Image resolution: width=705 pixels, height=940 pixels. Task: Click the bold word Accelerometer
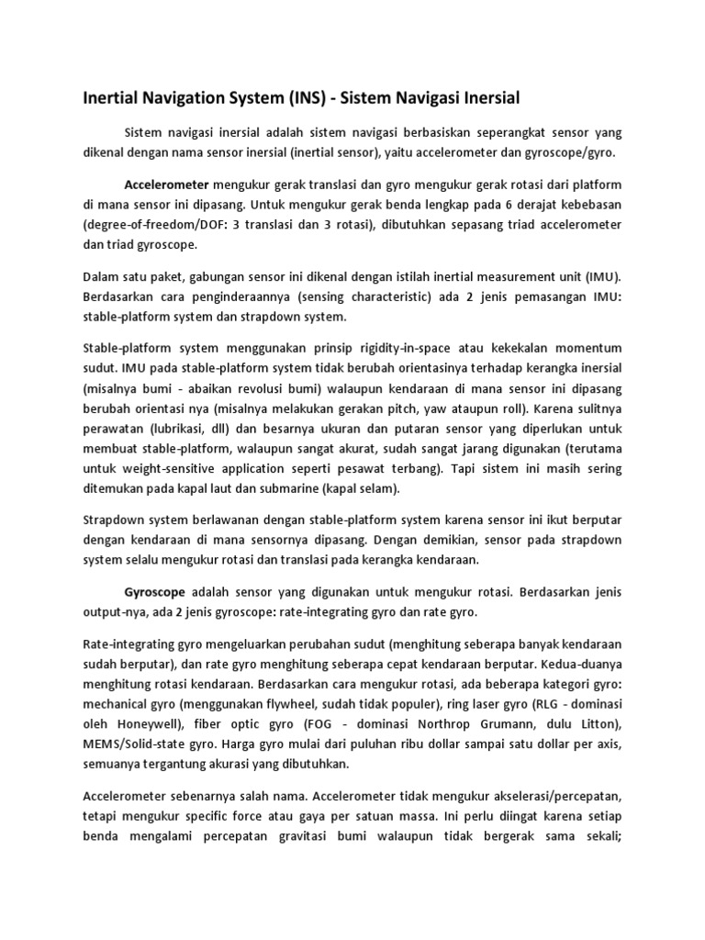(x=167, y=183)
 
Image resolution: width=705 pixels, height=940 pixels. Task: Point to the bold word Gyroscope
(x=154, y=592)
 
